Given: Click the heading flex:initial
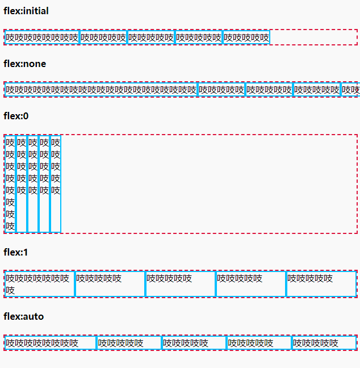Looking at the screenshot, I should (26, 11).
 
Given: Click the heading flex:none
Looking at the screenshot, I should (25, 64).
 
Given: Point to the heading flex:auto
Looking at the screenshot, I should (23, 316).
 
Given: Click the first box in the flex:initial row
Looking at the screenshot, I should (42, 37).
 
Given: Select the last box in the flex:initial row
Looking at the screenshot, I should (246, 37).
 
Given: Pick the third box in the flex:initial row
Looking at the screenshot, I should (151, 37).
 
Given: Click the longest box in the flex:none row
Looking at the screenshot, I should (101, 90).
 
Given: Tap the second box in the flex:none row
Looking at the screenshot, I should (221, 90).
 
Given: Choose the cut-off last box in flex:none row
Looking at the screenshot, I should (350, 90).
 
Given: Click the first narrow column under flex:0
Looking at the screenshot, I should (10, 183).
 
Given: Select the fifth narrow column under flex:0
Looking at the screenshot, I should (56, 183).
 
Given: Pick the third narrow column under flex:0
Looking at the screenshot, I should (33, 183).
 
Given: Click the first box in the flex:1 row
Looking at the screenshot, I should (39, 284).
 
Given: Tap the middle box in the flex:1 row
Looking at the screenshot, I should (180, 284).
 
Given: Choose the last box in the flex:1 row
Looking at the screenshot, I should (321, 284).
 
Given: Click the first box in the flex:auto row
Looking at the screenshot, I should (51, 343).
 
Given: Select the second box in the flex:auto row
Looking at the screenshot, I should (129, 343).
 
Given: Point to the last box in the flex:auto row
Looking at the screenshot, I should (324, 343).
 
